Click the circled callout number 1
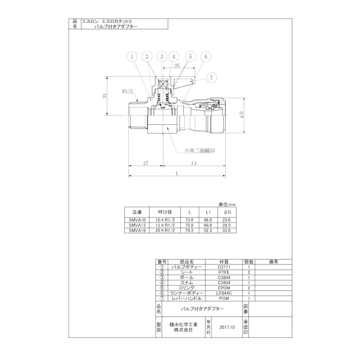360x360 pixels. pyautogui.click(x=132, y=57)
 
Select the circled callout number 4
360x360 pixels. pyautogui.click(x=175, y=57)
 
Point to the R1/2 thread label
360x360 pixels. pyautogui.click(x=127, y=91)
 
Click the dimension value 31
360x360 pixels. pyautogui.click(x=105, y=96)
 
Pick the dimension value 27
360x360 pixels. pyautogui.click(x=145, y=163)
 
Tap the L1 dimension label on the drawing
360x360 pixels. pyautogui.click(x=194, y=163)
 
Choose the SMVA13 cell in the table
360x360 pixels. pyautogui.click(x=137, y=225)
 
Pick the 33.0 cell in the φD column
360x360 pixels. pyautogui.click(x=226, y=230)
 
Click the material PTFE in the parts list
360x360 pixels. pyautogui.click(x=223, y=272)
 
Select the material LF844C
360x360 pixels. pyautogui.click(x=223, y=293)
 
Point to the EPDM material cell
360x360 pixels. pyautogui.click(x=223, y=288)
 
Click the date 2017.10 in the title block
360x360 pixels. pyautogui.click(x=228, y=327)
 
